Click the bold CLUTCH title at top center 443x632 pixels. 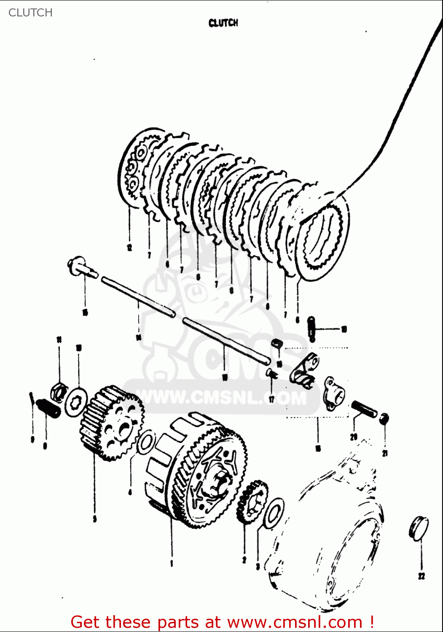pos(223,23)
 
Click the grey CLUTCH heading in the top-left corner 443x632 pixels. pos(30,13)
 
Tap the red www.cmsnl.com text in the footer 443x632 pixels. pos(295,622)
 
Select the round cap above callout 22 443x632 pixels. pos(419,527)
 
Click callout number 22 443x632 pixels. pos(422,576)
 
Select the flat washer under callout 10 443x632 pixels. pos(76,402)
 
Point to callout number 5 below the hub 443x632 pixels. pos(94,519)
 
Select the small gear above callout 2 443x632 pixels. pos(253,502)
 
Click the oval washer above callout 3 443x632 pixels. pos(274,513)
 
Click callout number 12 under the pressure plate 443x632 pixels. pos(129,247)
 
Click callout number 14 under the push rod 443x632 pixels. pos(138,337)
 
